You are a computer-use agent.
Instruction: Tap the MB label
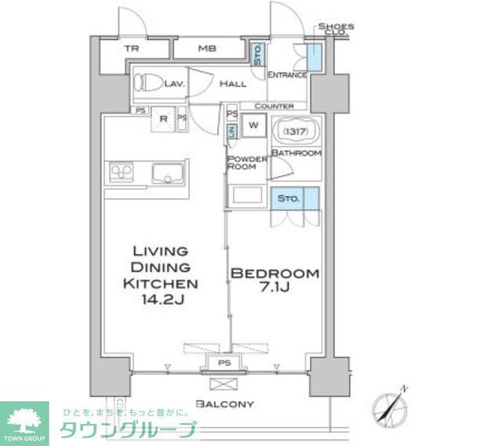[x=206, y=49]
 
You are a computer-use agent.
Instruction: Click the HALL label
[x=233, y=83]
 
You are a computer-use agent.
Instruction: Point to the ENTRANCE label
[x=286, y=75]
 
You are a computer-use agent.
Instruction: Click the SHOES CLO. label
[x=336, y=29]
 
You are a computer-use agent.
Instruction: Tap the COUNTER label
[x=274, y=106]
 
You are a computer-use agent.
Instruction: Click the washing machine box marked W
[x=254, y=124]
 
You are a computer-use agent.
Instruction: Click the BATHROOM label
[x=296, y=153]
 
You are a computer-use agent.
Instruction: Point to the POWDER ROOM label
[x=246, y=163]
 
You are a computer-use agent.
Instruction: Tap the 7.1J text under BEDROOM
[x=274, y=290]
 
